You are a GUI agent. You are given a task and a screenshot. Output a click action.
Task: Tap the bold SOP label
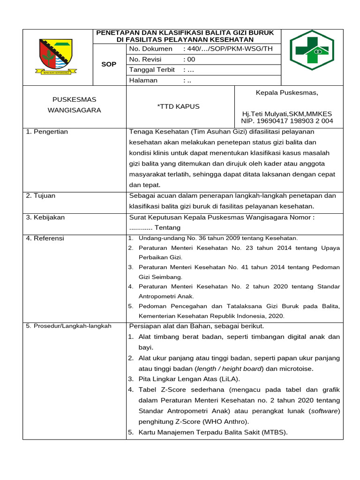[x=109, y=64]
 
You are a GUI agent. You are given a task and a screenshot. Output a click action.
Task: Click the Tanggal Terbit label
[x=152, y=70]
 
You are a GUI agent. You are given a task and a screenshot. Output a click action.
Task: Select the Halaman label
[x=143, y=80]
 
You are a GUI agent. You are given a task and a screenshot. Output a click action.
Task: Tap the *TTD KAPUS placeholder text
[x=178, y=106]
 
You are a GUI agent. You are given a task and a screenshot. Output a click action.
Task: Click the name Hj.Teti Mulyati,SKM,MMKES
[x=286, y=114]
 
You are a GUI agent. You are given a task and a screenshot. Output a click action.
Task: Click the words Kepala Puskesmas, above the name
[x=287, y=92]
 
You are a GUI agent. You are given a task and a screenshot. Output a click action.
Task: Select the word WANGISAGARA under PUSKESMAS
[x=74, y=110]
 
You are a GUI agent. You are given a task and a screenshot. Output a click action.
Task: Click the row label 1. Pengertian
[x=47, y=132]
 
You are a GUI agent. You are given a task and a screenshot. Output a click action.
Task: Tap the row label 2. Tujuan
[x=41, y=195]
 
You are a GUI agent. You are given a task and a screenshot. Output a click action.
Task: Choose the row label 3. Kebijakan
[x=45, y=217]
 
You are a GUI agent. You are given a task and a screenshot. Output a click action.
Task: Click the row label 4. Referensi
[x=45, y=238]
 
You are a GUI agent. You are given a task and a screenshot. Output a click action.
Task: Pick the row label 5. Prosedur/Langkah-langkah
[x=68, y=326]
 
